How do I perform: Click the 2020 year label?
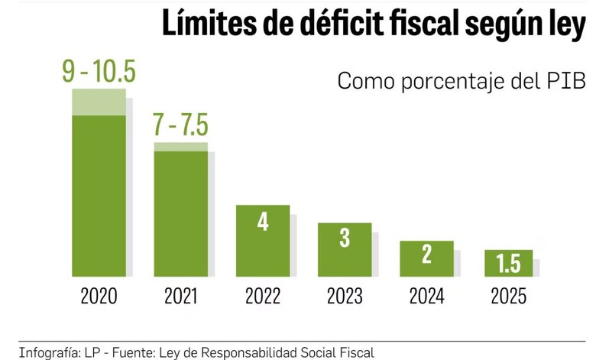click(99, 296)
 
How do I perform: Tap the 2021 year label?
click(181, 296)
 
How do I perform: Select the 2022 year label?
click(263, 296)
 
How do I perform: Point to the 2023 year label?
click(345, 296)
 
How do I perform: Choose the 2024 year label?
click(426, 296)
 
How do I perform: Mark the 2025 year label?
click(508, 296)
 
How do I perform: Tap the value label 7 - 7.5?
click(180, 124)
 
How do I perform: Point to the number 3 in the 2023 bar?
click(345, 238)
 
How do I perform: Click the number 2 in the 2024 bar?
click(426, 255)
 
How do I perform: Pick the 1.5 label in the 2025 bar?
click(508, 264)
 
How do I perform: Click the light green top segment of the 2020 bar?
click(99, 102)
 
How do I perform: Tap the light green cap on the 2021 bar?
click(181, 147)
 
